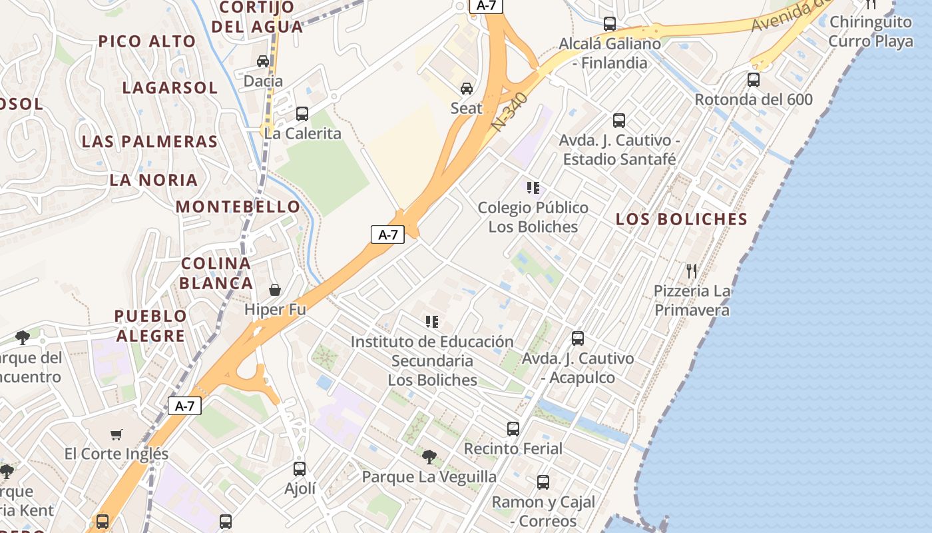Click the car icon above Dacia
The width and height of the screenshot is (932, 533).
coord(263,61)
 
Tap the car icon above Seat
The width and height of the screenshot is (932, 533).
coord(467,88)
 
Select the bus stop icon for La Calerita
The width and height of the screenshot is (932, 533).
coord(302,113)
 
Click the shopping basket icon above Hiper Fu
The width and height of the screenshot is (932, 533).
coord(274,290)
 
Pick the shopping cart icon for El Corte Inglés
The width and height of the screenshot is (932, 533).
coord(116,434)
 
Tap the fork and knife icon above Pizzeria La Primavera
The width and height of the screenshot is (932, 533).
coord(692,270)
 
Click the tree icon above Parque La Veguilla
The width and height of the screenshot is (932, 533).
coord(429,457)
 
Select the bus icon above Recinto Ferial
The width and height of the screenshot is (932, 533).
coord(513,428)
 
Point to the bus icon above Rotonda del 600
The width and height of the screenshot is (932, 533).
coord(754,80)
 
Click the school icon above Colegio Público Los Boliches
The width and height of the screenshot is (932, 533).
coord(533,188)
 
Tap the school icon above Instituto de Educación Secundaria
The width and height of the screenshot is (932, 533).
coord(432,322)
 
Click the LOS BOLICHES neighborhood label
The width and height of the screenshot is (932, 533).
coord(682,219)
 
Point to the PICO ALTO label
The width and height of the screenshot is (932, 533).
coord(147,41)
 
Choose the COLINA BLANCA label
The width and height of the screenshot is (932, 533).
coord(216,273)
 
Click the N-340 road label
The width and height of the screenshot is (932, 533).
coord(511,112)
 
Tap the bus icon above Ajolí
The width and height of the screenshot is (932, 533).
coord(300,468)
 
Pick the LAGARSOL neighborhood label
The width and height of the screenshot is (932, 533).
coord(170,88)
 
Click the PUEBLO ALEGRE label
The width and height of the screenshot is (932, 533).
coord(150,326)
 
